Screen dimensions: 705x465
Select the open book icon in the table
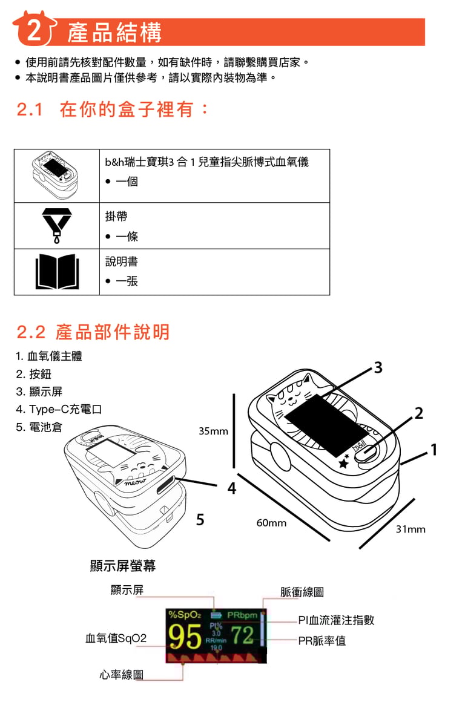click(x=56, y=272)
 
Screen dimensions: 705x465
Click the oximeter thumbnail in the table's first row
click(x=56, y=175)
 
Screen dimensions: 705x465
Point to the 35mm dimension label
click(x=214, y=431)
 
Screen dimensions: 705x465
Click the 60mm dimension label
click(x=271, y=522)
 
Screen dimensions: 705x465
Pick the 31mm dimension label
click(x=411, y=530)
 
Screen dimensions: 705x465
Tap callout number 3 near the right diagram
click(x=378, y=367)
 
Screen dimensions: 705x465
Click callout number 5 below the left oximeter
click(x=200, y=519)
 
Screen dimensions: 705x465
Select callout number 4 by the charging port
click(x=232, y=488)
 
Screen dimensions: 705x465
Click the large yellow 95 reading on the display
click(x=185, y=637)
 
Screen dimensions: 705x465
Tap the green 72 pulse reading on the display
click(x=242, y=635)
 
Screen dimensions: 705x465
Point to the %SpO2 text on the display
click(x=185, y=615)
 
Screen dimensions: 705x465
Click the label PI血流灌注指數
click(x=336, y=620)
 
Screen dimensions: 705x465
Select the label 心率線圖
click(x=122, y=675)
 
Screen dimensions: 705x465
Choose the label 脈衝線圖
click(x=302, y=592)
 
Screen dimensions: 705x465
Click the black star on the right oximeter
click(x=344, y=464)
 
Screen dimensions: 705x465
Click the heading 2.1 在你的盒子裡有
click(x=113, y=110)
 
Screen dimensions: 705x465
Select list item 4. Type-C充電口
click(x=59, y=410)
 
